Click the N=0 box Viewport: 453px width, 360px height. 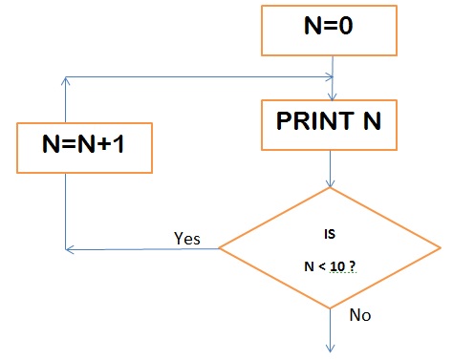[329, 31]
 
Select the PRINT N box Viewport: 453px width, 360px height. [329, 125]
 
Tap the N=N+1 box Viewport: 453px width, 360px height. [84, 148]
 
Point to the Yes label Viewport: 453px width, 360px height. [187, 238]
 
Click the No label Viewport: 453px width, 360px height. [360, 315]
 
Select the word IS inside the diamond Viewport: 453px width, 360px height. [330, 234]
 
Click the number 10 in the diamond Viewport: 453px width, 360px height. [337, 266]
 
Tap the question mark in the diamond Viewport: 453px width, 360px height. [352, 266]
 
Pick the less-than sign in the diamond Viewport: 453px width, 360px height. [322, 266]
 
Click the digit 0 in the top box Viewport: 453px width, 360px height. [346, 26]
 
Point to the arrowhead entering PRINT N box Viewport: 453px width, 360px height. [333, 96]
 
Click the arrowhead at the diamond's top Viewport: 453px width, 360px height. [331, 183]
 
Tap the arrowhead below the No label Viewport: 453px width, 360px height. [331, 348]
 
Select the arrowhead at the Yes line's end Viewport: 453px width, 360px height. [70, 249]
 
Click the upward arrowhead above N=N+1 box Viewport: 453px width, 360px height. [65, 81]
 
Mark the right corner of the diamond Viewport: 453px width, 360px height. [441, 247]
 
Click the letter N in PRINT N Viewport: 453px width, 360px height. [372, 121]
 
